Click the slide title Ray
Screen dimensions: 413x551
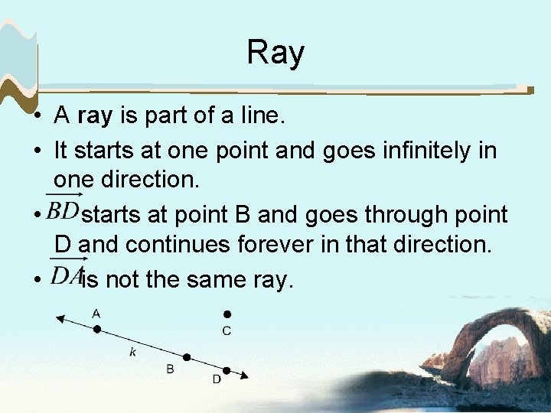pos(275,53)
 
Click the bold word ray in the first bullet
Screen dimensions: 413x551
pos(96,116)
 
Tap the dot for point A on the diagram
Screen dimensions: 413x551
pos(96,330)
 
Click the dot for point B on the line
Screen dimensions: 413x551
pos(186,357)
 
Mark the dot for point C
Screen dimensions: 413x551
pos(227,314)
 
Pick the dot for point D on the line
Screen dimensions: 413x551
pos(227,369)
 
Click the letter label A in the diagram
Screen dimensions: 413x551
pos(96,313)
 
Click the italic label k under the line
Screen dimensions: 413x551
pos(132,352)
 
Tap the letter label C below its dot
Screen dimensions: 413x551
pos(227,330)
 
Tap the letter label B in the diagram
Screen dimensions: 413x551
pos(170,369)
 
